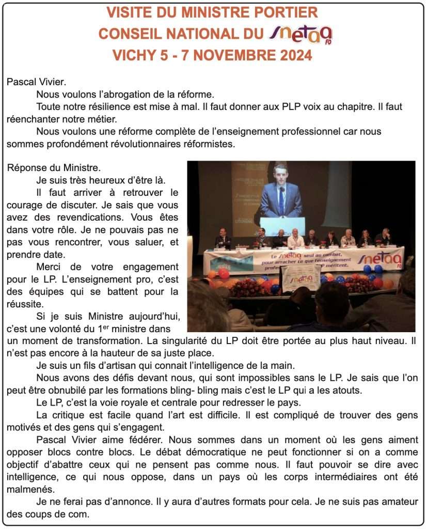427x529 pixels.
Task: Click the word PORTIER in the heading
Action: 286,12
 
